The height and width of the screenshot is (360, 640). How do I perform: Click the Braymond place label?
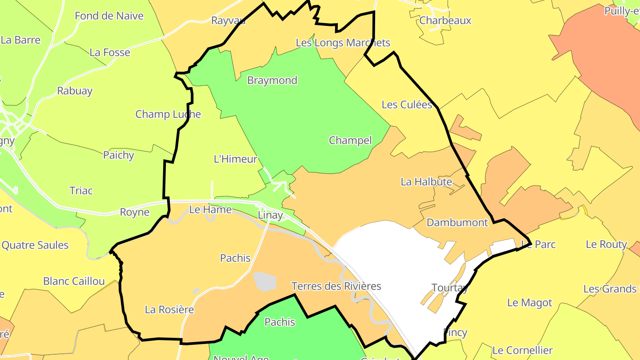272,80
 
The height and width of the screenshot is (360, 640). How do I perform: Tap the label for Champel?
350,140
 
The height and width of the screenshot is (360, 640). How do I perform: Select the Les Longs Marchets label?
343,43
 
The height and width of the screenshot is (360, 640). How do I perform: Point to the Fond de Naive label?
109,16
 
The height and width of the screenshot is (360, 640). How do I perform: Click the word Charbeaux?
445,20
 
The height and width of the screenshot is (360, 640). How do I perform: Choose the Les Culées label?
407,105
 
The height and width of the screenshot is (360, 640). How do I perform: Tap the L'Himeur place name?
236,159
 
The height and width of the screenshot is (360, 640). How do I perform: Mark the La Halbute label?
426,182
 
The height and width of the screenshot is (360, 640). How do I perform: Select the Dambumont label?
457,222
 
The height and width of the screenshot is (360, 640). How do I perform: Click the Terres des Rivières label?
336,286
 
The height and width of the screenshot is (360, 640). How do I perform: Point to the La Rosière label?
169,309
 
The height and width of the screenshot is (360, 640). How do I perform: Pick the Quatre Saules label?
35,245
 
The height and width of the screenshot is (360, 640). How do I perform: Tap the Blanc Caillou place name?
74,281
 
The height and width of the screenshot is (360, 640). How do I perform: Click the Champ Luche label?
168,114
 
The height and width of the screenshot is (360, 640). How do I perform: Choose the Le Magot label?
529,303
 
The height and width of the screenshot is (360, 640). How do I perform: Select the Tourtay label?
450,288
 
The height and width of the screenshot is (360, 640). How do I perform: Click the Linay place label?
270,215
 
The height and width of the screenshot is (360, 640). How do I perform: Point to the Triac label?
81,191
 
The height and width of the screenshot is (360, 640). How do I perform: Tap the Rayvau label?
228,20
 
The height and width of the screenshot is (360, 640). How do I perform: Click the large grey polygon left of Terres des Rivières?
265,282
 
